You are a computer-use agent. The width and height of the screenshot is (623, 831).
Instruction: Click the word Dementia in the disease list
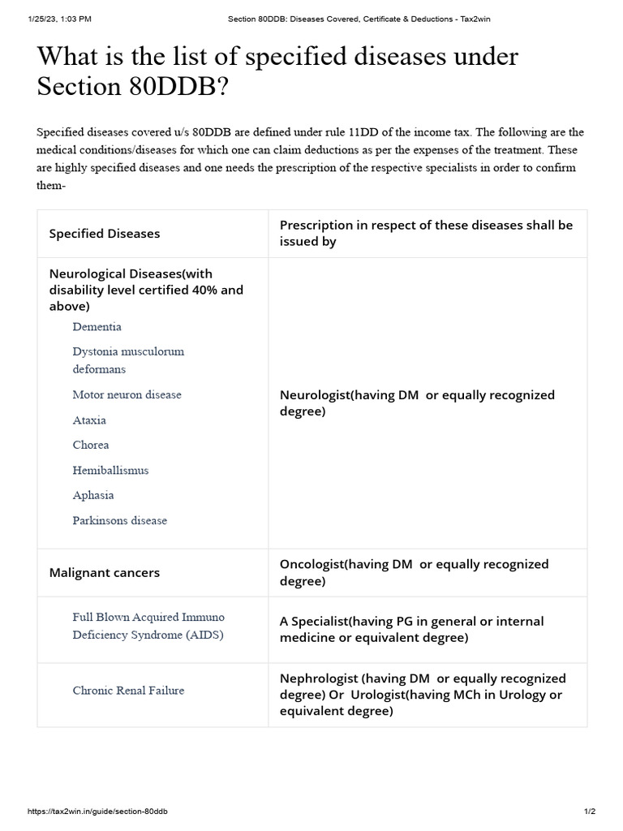pyautogui.click(x=97, y=327)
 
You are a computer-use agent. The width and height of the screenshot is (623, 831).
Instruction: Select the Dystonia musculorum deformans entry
pyautogui.click(x=127, y=360)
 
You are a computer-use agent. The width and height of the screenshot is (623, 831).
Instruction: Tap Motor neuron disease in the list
pyautogui.click(x=127, y=395)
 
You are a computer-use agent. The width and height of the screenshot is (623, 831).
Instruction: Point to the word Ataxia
pyautogui.click(x=89, y=420)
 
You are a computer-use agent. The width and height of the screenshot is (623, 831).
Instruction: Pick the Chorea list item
pyautogui.click(x=90, y=446)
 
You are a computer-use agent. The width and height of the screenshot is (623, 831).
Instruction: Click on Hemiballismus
pyautogui.click(x=110, y=471)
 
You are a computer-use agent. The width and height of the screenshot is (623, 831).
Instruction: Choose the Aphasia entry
pyautogui.click(x=92, y=496)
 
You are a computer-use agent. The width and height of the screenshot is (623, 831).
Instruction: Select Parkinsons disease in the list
pyautogui.click(x=119, y=521)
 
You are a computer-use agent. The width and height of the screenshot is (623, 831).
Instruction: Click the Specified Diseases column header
pyautogui.click(x=105, y=234)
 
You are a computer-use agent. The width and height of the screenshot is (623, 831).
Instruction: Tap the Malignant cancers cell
pyautogui.click(x=105, y=573)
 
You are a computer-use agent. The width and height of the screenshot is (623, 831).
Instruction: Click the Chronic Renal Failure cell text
pyautogui.click(x=128, y=691)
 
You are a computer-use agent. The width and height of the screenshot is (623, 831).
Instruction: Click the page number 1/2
pyautogui.click(x=590, y=812)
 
